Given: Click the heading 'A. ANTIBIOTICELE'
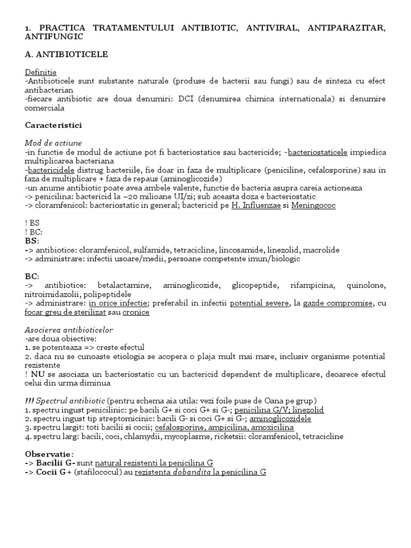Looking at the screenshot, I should click(66, 55).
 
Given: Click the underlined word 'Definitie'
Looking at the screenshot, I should click(41, 72).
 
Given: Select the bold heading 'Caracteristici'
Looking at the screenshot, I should click(53, 125).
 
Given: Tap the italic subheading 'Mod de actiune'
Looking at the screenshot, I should click(54, 143).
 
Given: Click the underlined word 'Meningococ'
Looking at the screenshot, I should click(314, 206).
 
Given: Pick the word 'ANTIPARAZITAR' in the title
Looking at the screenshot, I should click(346, 28).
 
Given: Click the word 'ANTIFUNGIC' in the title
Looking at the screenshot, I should click(54, 37).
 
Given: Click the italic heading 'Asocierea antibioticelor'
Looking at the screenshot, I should click(69, 330).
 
